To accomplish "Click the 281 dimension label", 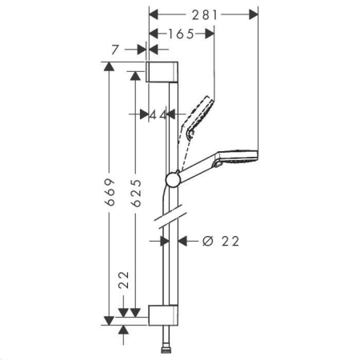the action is coord(205,15).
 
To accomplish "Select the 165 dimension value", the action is coord(181,34).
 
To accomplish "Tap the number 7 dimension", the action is coord(115,50).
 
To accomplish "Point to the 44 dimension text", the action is coord(158,115).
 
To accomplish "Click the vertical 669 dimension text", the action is coord(110,192).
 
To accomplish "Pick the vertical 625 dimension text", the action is coord(136,193).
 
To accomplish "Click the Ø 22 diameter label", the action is coord(221,241).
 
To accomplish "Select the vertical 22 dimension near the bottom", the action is coord(124,280).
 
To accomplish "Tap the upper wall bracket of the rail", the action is coord(162,72).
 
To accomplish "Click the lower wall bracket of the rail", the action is coord(163,315).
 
